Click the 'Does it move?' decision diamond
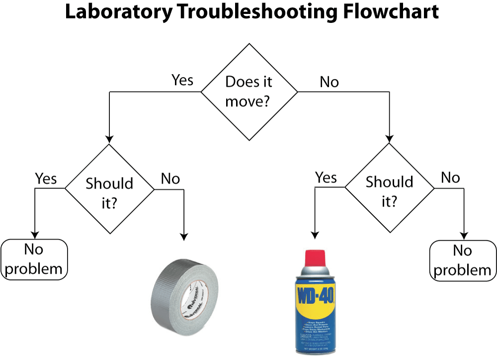(x=249, y=92)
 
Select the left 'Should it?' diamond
(x=109, y=189)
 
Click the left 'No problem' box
(x=34, y=260)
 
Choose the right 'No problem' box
(x=462, y=261)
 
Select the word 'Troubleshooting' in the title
(x=251, y=12)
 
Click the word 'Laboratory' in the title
(x=117, y=12)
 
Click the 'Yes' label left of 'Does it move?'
(x=182, y=80)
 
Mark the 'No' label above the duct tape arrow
(x=170, y=179)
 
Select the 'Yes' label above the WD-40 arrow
(x=326, y=178)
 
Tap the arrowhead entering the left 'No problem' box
(x=34, y=235)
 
